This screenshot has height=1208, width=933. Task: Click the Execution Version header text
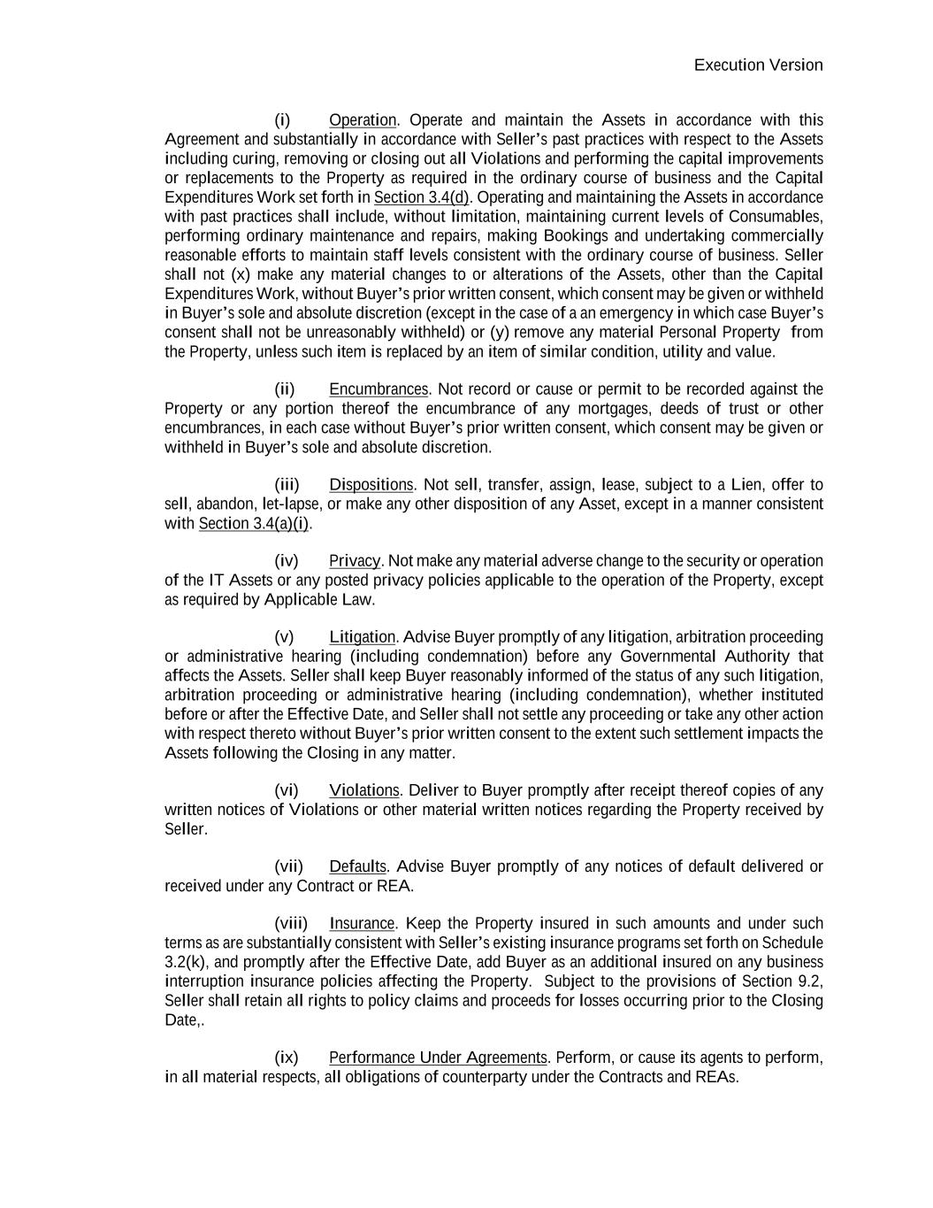pyautogui.click(x=758, y=65)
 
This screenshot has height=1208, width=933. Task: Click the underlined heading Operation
pyautogui.click(x=363, y=120)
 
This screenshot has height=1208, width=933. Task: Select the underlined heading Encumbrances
pyautogui.click(x=379, y=389)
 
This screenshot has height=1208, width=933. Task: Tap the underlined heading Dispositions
pyautogui.click(x=371, y=485)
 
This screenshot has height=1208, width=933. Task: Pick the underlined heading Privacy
pyautogui.click(x=355, y=561)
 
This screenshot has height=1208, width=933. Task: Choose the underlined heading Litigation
pyautogui.click(x=362, y=637)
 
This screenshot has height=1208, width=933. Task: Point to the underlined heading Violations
pyautogui.click(x=364, y=790)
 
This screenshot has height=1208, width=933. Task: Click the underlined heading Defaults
pyautogui.click(x=357, y=866)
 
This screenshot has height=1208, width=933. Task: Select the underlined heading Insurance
pyautogui.click(x=363, y=924)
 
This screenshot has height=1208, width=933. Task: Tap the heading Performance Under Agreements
pyautogui.click(x=438, y=1058)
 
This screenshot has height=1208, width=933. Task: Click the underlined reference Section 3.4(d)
pyautogui.click(x=421, y=197)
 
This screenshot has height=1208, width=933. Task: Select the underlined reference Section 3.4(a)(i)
pyautogui.click(x=254, y=524)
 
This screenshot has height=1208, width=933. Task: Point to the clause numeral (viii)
pyautogui.click(x=291, y=924)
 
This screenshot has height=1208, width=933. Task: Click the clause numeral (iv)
pyautogui.click(x=286, y=561)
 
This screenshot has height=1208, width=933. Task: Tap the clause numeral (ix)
pyautogui.click(x=286, y=1058)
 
